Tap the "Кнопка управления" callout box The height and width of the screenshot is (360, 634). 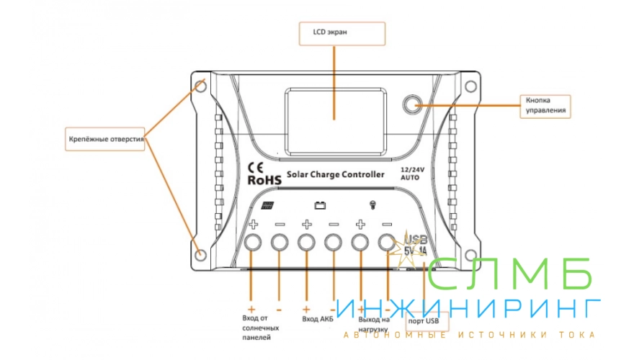(x=544, y=105)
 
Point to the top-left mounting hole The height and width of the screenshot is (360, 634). (x=201, y=86)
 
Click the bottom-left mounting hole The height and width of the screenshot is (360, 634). (x=201, y=253)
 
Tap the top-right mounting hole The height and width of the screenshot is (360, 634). (x=470, y=86)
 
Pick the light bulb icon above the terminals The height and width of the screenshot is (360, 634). (x=372, y=204)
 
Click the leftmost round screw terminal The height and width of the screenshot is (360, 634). (x=254, y=243)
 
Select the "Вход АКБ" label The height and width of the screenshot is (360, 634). (x=318, y=318)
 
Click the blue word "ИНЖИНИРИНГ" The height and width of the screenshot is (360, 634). (x=468, y=308)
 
